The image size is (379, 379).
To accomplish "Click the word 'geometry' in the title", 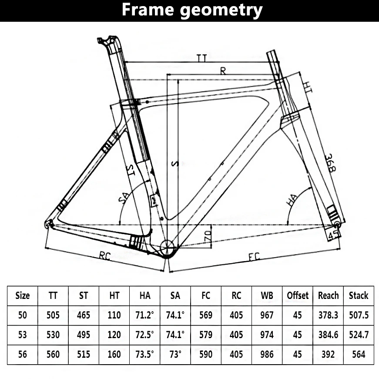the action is [221, 10].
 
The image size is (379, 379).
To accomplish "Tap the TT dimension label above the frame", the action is [201, 58].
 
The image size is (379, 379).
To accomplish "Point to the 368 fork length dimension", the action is [330, 163].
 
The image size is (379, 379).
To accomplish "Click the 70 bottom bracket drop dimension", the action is [208, 236].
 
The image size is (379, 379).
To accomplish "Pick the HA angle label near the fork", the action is [292, 200].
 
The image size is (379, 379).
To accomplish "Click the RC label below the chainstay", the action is [105, 256].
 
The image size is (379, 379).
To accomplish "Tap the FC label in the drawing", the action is [254, 257].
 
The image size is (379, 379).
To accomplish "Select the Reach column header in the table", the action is [328, 295].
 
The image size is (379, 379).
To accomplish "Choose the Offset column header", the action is [298, 295].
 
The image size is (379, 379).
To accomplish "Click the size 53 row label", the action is [23, 335].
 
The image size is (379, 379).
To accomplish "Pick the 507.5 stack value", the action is [359, 315].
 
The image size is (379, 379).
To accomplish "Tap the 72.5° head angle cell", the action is [144, 335].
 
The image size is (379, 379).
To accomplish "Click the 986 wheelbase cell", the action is [267, 354].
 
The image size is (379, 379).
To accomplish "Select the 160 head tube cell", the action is [114, 354].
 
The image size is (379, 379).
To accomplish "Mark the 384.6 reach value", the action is [328, 335].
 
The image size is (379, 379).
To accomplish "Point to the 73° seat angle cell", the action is [175, 354].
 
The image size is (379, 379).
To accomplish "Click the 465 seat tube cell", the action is [84, 315].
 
